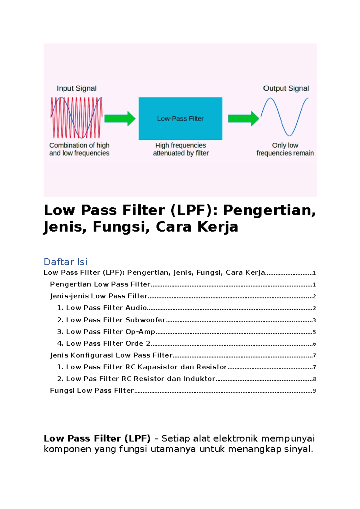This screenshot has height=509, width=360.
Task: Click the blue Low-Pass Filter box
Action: click(x=180, y=118)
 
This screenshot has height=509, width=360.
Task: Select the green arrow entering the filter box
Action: click(x=120, y=118)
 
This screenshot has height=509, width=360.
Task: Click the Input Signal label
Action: click(x=76, y=88)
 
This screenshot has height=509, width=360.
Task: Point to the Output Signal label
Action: click(x=286, y=88)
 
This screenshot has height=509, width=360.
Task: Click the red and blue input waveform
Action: click(x=76, y=117)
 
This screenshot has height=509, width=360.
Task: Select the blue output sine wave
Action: click(x=284, y=117)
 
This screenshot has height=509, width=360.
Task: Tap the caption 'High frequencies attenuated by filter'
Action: click(x=181, y=149)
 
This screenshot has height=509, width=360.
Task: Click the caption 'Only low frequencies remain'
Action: click(x=285, y=149)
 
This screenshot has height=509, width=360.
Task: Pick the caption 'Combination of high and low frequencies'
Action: click(x=79, y=149)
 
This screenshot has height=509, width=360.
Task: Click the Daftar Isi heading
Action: click(x=65, y=262)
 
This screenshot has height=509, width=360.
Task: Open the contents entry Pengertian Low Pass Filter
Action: click(x=100, y=284)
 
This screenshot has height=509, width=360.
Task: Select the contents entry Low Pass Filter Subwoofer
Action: click(x=115, y=320)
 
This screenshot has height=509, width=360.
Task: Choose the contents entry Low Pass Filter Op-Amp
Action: click(x=110, y=332)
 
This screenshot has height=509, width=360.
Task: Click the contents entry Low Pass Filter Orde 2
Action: click(x=108, y=344)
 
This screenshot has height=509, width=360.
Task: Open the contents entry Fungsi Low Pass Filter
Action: click(x=92, y=391)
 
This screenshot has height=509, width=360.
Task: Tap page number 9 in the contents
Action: click(x=314, y=391)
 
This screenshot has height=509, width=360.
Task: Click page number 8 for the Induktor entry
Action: click(x=314, y=379)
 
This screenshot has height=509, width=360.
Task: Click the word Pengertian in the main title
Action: click(x=269, y=210)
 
